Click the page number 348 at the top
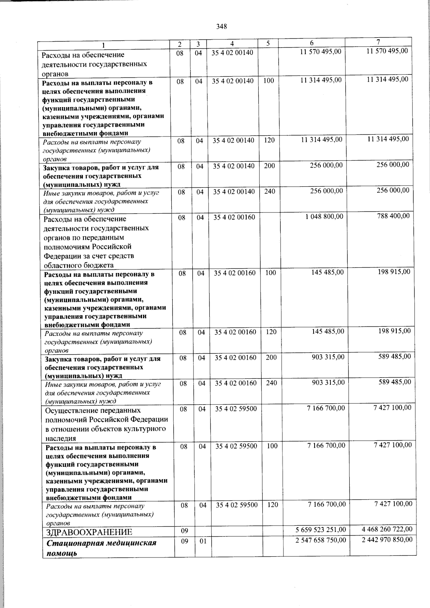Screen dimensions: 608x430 [221, 27]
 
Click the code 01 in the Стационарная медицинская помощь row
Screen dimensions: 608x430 [203, 541]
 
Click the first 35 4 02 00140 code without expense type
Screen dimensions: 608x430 [232, 53]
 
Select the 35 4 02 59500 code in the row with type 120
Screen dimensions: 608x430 [237, 505]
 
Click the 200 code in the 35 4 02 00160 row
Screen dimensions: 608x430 [271, 358]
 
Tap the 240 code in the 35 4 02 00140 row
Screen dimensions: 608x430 [269, 192]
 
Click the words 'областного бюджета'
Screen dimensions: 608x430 [78, 265]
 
